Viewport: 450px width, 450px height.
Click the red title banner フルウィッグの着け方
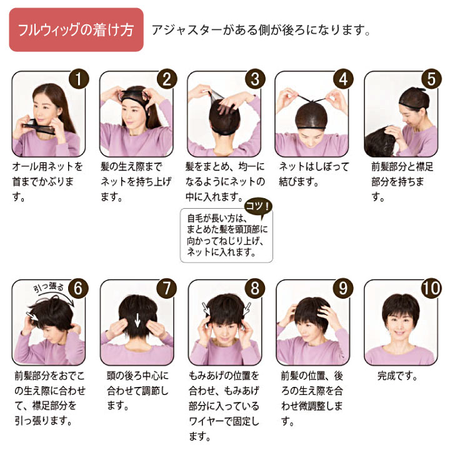click(x=76, y=29)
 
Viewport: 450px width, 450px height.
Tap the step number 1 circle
click(x=79, y=79)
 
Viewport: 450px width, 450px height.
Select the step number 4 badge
click(x=343, y=79)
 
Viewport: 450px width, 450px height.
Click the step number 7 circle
click(x=167, y=288)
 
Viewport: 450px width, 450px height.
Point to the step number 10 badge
click(x=431, y=288)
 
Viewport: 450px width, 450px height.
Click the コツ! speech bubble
click(x=258, y=207)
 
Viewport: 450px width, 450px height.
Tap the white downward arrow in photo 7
click(x=137, y=320)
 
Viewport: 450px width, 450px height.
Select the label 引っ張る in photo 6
click(x=49, y=287)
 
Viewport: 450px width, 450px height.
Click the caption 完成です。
click(x=397, y=376)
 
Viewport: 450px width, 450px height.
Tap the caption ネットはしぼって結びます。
click(x=314, y=174)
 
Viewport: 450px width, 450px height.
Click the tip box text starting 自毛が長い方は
click(x=227, y=236)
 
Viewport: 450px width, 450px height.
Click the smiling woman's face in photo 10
click(x=401, y=324)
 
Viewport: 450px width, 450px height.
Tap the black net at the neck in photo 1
click(x=39, y=127)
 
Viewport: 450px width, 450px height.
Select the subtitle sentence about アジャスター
click(x=261, y=30)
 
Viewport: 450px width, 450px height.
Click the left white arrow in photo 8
click(x=206, y=309)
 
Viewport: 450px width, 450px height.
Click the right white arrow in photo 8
click(x=247, y=309)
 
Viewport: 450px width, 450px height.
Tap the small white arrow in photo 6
click(x=32, y=316)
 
